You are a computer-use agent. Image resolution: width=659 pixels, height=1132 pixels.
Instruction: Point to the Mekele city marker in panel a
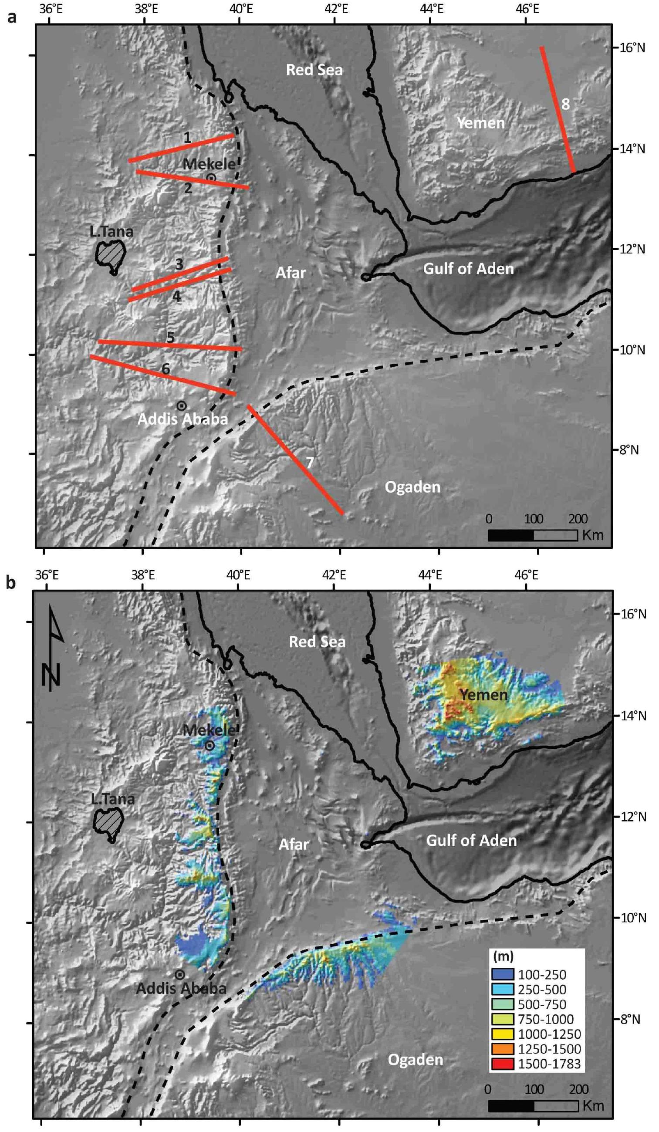click(211, 178)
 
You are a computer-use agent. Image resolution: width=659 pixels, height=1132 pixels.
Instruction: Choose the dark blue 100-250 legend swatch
click(505, 974)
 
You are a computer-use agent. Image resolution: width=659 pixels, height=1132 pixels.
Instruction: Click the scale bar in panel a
click(532, 535)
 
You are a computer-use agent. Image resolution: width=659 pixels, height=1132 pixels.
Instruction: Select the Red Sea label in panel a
click(314, 70)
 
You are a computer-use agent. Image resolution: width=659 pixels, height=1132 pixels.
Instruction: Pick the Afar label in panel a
click(291, 273)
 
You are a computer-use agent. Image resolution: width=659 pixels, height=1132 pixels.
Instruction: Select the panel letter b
click(10, 583)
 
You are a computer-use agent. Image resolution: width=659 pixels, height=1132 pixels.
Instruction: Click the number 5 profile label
click(171, 338)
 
